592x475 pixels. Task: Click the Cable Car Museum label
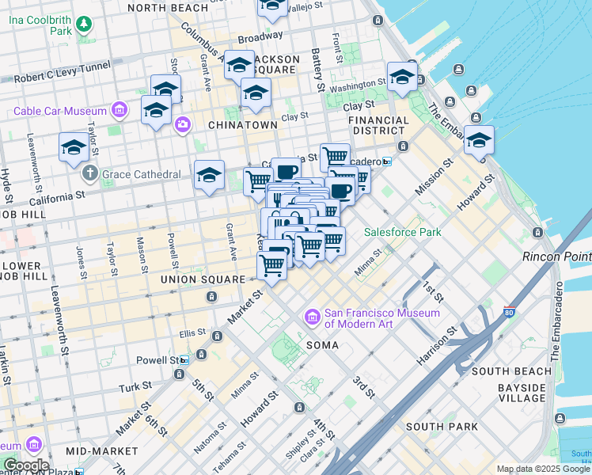(x=59, y=112)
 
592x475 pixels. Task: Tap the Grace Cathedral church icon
(x=90, y=173)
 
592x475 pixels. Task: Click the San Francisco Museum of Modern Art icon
(x=312, y=318)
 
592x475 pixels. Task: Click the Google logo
(x=25, y=465)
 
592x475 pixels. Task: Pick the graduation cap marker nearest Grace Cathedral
(x=74, y=147)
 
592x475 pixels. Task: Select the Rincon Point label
(x=557, y=256)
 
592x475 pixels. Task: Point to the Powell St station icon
(x=184, y=359)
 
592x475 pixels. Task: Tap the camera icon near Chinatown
(x=184, y=123)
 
